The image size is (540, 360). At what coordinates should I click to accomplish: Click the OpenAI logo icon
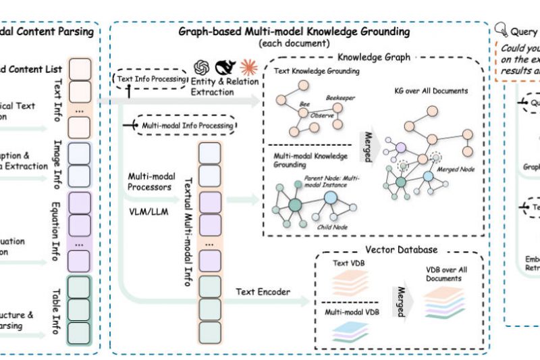click(x=201, y=68)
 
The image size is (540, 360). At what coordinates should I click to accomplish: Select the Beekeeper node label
click(x=340, y=99)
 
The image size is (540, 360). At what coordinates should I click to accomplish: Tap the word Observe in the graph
click(x=323, y=115)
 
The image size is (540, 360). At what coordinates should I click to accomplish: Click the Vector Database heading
click(x=401, y=250)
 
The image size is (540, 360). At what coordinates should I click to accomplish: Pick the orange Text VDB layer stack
click(x=351, y=278)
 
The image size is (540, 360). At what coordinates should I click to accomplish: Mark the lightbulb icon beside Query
click(x=502, y=30)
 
